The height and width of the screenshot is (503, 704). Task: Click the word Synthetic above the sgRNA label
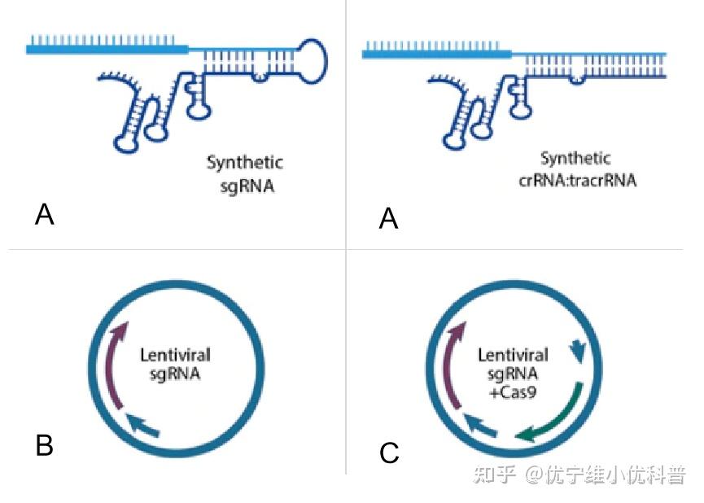click(244, 163)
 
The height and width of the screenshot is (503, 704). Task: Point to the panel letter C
click(389, 453)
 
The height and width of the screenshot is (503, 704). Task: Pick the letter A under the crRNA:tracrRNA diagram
click(389, 218)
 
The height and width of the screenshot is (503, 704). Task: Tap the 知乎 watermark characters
click(494, 475)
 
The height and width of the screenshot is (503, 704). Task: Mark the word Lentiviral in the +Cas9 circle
click(513, 355)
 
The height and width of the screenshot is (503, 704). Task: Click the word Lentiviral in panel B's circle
click(175, 355)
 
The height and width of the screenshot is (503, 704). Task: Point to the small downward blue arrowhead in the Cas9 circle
click(579, 351)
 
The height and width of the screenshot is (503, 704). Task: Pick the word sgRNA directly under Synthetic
click(247, 186)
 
